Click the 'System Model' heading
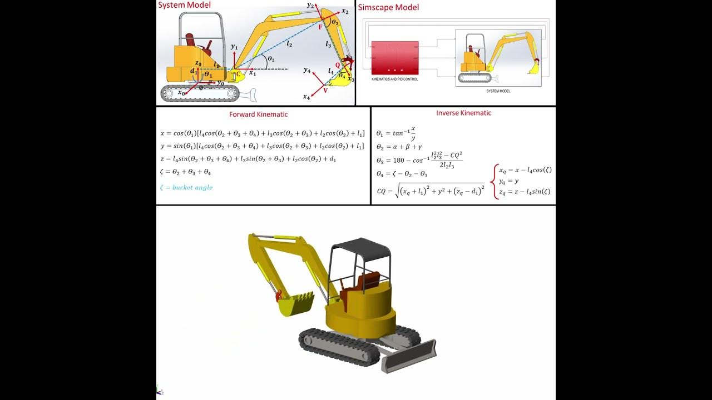pyautogui.click(x=185, y=5)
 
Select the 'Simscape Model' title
pyautogui.click(x=388, y=7)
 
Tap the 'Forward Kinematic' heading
pyautogui.click(x=259, y=114)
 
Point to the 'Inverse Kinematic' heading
pyautogui.click(x=463, y=113)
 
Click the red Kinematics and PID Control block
pyautogui.click(x=394, y=58)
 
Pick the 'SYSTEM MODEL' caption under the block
pyautogui.click(x=498, y=91)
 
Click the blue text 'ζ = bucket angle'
pyautogui.click(x=186, y=187)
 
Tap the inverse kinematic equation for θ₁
pyautogui.click(x=396, y=133)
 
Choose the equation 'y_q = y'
pyautogui.click(x=509, y=181)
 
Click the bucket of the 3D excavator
pyautogui.click(x=295, y=303)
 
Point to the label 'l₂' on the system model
pyautogui.click(x=290, y=44)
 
